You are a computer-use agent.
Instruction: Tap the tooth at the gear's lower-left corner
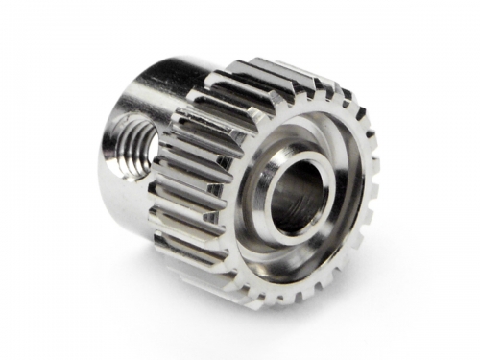(206, 274)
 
